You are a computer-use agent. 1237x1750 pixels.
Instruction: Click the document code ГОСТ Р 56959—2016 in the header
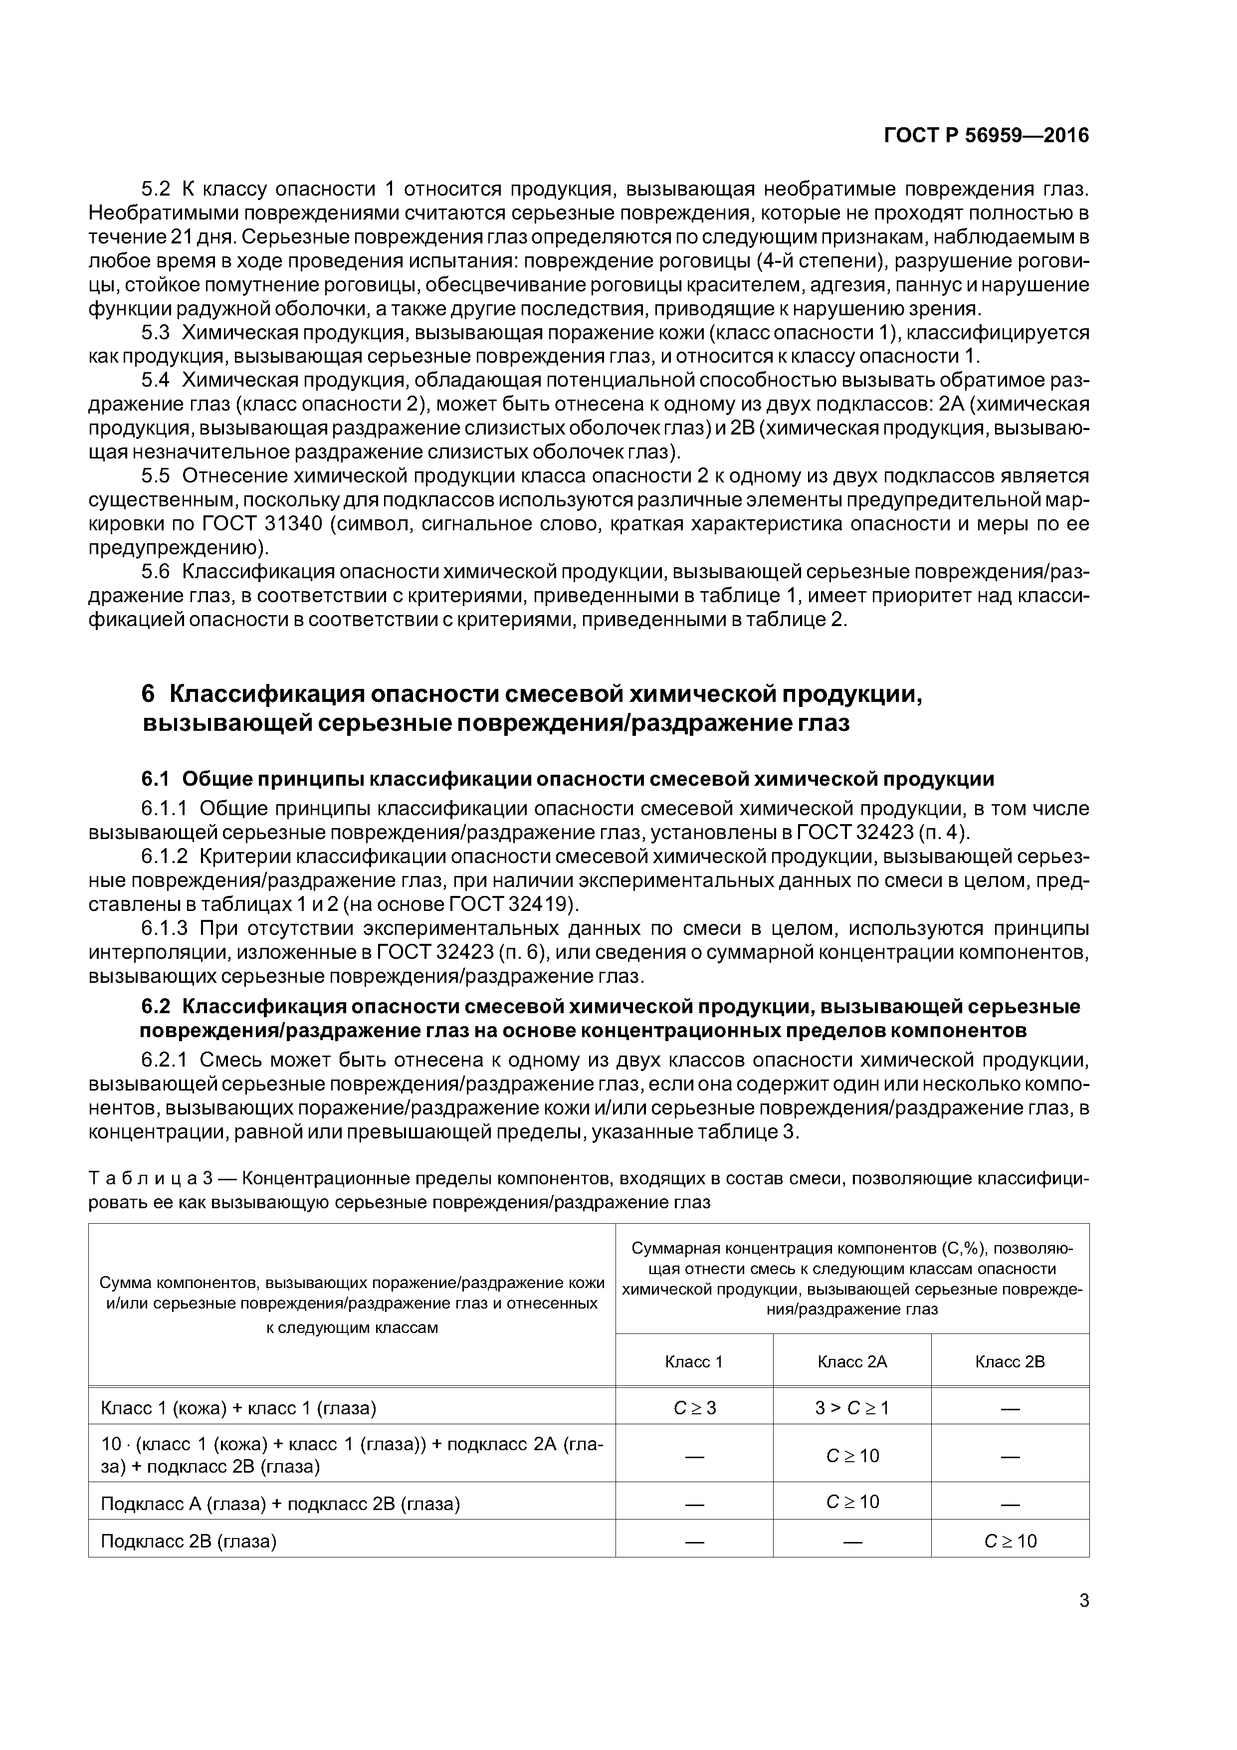pos(986,136)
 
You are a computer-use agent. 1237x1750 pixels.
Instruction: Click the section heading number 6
pos(149,694)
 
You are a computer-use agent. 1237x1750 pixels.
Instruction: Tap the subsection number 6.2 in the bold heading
pos(156,1007)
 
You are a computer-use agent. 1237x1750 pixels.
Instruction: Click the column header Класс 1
pos(694,1361)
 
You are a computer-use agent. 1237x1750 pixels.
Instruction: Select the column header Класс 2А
pos(851,1361)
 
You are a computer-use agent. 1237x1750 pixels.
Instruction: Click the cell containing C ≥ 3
pos(694,1408)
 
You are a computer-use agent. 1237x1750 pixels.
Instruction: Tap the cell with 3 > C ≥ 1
pos(851,1408)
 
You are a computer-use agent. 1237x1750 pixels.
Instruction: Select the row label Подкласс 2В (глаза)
pos(188,1541)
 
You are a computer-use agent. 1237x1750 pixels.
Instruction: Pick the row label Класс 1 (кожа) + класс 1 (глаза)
pos(238,1408)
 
